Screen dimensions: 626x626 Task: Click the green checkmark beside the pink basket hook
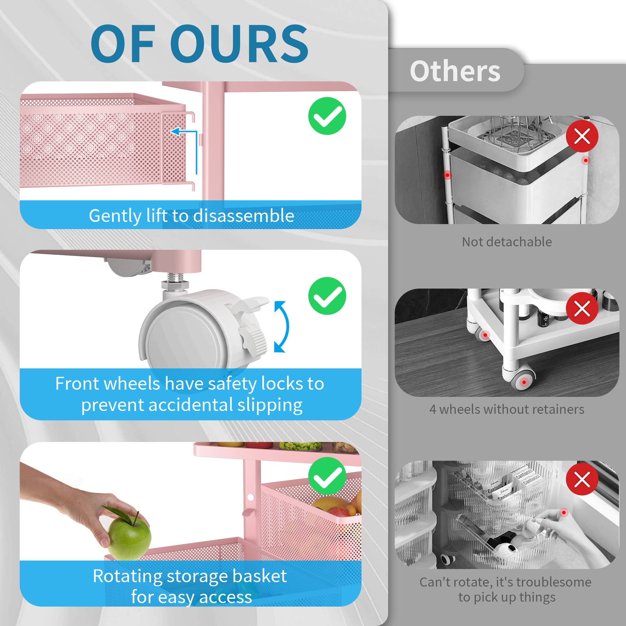[x=327, y=116]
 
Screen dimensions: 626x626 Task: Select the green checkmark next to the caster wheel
[x=327, y=296]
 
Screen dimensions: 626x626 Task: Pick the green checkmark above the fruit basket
[x=327, y=476]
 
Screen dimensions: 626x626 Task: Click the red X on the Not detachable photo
[x=582, y=136]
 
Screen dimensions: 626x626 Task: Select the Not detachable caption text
[x=507, y=242]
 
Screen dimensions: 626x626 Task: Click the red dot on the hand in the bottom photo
[x=564, y=513]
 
